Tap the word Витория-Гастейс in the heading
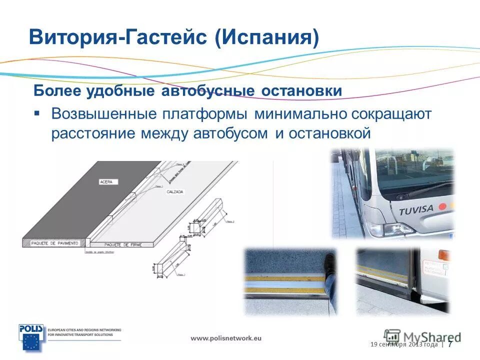(117, 38)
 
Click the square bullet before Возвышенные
(37, 113)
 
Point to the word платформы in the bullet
(205, 114)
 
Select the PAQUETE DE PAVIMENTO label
(54, 243)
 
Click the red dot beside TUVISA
(441, 206)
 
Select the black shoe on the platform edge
(330, 263)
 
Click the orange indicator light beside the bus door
(441, 254)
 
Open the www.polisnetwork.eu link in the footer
(226, 338)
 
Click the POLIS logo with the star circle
(31, 337)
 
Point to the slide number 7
(450, 344)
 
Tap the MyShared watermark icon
(392, 335)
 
